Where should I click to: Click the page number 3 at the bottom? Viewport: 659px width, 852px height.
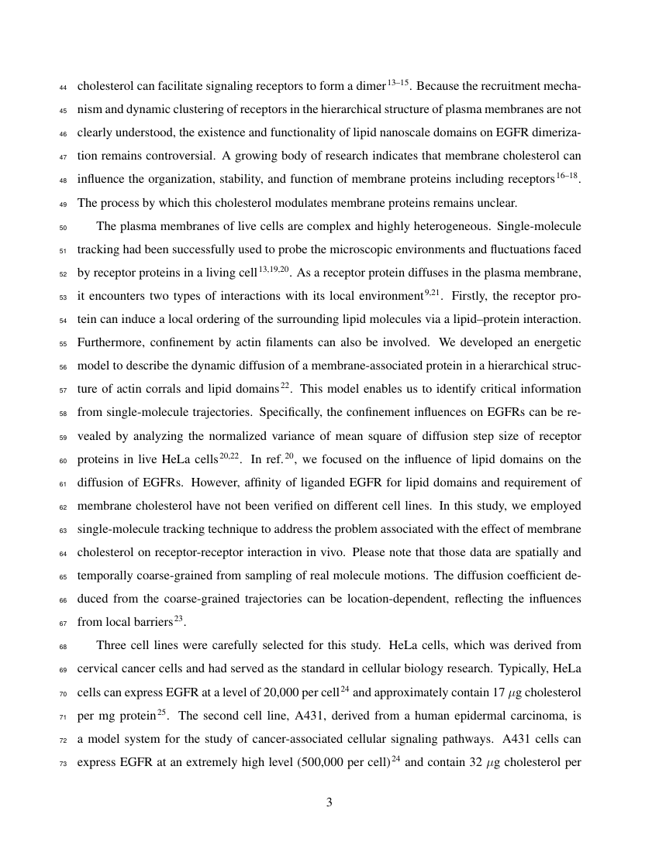329,802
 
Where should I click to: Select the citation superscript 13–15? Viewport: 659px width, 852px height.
397,81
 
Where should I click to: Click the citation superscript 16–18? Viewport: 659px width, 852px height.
567,176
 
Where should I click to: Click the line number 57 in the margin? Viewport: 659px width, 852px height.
64,389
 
